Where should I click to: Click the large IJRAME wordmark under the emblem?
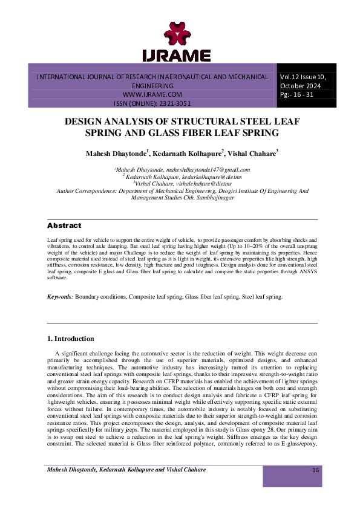(176, 56)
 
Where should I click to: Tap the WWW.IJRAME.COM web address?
(152, 95)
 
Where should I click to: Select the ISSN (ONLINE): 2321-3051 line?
(152, 103)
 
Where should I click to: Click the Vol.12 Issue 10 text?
(303, 77)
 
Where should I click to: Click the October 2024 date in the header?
(299, 86)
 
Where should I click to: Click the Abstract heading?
(64, 225)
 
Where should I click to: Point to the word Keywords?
(61, 297)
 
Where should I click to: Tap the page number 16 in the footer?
(315, 487)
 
